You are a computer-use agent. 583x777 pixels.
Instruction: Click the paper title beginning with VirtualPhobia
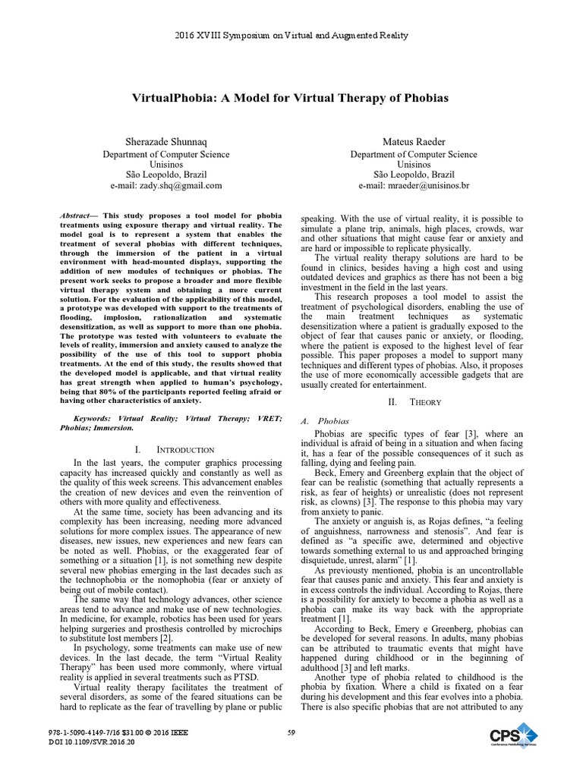point(291,98)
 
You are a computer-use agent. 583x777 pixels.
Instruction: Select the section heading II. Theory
point(414,401)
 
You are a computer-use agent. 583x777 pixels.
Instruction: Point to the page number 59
point(291,731)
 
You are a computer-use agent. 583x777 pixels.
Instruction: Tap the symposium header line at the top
point(291,35)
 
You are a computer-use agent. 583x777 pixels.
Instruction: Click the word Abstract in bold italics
point(77,216)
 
